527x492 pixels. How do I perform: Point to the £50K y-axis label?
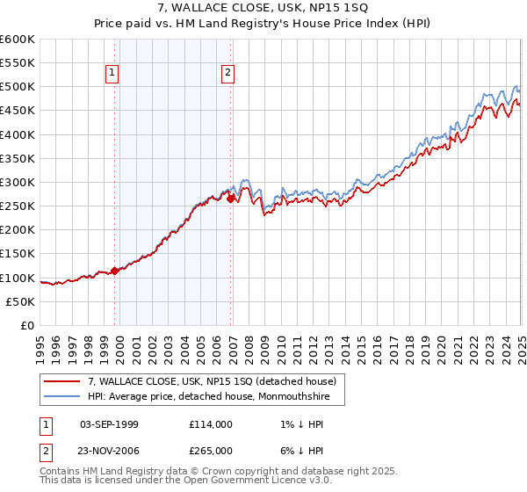point(20,301)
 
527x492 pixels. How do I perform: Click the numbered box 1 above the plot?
point(113,74)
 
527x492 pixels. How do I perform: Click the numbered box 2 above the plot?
point(227,74)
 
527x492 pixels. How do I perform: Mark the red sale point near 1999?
point(114,271)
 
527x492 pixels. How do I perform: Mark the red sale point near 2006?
point(230,199)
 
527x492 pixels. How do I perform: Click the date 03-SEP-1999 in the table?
point(109,424)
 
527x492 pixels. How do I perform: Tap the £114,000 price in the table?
point(210,424)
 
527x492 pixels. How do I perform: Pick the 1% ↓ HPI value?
point(300,424)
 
